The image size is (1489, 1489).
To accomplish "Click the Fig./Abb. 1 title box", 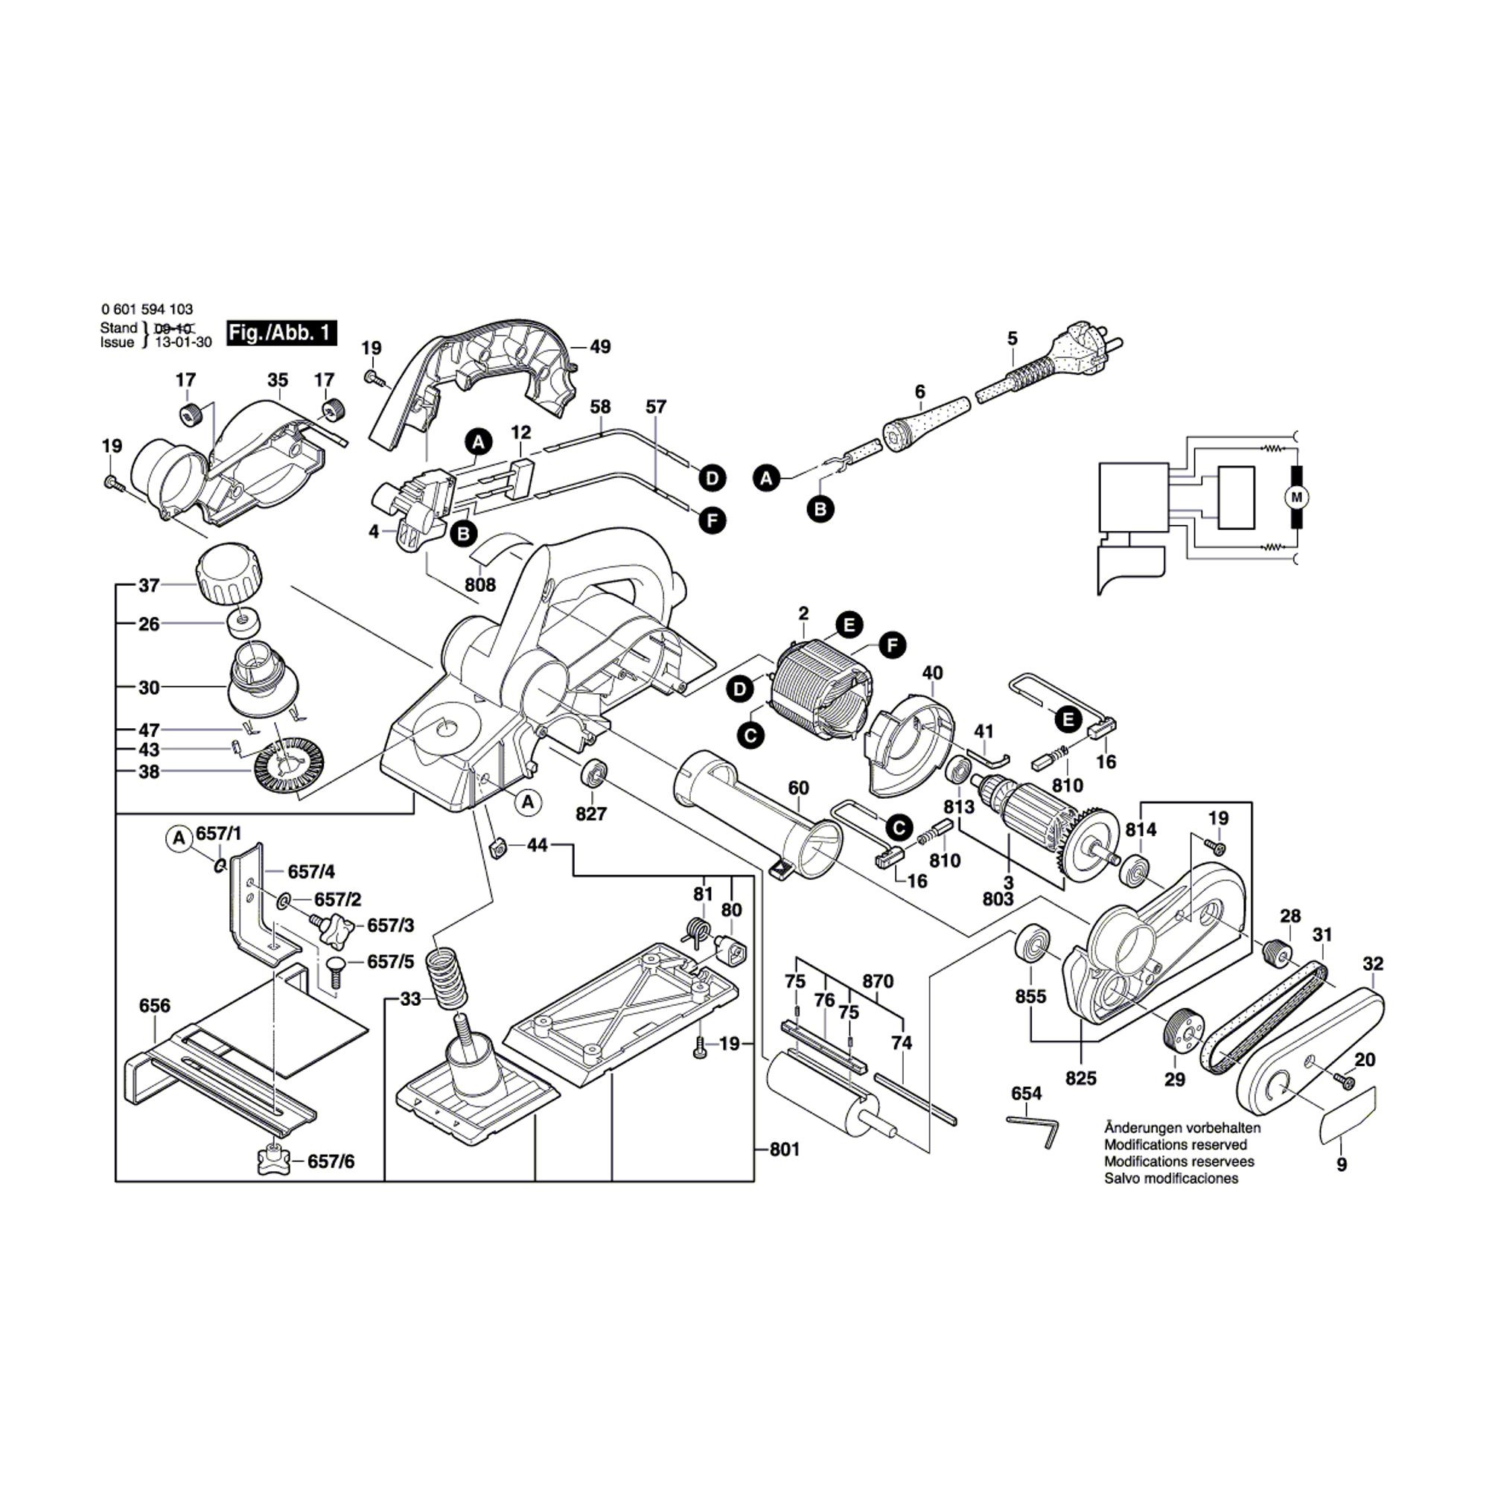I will [281, 333].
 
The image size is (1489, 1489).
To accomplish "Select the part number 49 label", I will [599, 347].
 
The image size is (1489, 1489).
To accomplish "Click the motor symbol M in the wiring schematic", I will [1295, 497].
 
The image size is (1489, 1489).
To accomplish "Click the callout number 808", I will [480, 585].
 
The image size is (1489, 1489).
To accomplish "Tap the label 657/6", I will [331, 1161].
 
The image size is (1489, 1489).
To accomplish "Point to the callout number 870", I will [878, 981].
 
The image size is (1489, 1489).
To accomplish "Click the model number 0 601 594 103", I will [147, 310].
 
